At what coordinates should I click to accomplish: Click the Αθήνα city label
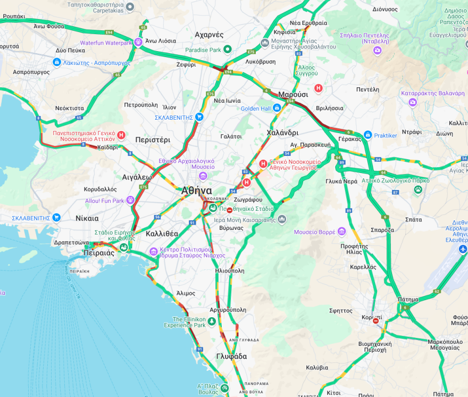coord(196,191)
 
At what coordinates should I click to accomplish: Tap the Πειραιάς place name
coord(99,253)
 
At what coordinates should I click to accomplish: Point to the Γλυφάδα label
coord(231,356)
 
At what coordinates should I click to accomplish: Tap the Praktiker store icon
coord(367,135)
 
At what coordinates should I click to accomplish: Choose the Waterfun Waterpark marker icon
coord(138,43)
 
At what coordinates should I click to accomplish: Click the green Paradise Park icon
coord(228,49)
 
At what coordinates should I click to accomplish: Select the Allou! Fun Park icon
coord(130,201)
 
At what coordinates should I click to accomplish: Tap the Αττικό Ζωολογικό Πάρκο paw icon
coord(418,189)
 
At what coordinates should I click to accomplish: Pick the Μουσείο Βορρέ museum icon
coord(341,231)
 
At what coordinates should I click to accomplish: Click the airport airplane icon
coord(463,249)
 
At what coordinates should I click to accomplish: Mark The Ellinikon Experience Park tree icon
coord(212,321)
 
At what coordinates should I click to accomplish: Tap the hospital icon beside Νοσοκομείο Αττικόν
coord(121,136)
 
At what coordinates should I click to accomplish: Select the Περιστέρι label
coord(153,140)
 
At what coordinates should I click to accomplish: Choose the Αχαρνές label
coord(209,35)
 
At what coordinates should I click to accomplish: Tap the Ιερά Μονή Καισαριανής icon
coord(282,219)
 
